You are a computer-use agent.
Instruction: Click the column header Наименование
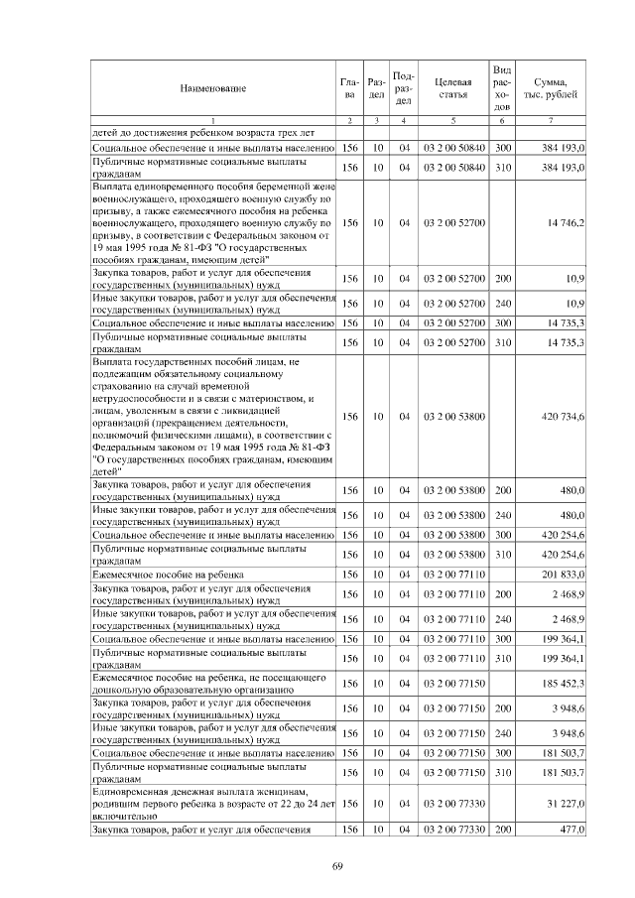[x=212, y=88]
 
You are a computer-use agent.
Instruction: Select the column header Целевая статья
[x=452, y=88]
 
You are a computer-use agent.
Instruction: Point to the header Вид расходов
[x=502, y=88]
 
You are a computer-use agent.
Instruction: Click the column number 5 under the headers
[x=452, y=121]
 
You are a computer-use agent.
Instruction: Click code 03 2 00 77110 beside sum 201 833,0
[x=452, y=575]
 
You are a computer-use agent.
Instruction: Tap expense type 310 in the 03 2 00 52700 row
[x=502, y=342]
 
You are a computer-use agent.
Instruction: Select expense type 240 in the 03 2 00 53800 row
[x=502, y=515]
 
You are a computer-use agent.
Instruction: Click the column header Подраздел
[x=404, y=88]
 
